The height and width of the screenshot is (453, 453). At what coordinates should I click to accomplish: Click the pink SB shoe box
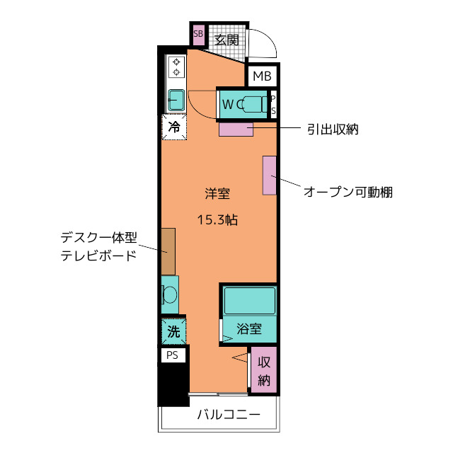[x=198, y=34]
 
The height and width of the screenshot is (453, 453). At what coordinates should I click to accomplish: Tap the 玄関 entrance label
[x=226, y=39]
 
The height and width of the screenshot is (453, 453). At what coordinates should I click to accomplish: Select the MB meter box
[x=262, y=76]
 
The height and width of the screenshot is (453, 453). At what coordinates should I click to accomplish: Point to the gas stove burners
[x=176, y=67]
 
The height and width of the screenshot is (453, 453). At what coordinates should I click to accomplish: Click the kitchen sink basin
[x=176, y=98]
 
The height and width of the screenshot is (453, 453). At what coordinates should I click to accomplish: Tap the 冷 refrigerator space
[x=174, y=127]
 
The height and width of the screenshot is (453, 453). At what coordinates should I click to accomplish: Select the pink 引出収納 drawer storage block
[x=236, y=129]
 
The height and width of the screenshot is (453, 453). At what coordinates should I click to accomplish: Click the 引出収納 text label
[x=333, y=129]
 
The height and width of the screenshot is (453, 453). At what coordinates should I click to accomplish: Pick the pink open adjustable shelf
[x=270, y=175]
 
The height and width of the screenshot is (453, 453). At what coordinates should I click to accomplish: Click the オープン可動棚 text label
[x=348, y=192]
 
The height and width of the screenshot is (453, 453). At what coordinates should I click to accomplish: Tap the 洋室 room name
[x=217, y=193]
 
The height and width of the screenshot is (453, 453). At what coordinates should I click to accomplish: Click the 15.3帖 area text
[x=217, y=219]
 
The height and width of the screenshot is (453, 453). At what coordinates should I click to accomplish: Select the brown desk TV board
[x=168, y=251]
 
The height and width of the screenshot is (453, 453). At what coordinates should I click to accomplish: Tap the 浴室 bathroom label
[x=249, y=329]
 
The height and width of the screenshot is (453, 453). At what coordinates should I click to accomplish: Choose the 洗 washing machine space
[x=173, y=330]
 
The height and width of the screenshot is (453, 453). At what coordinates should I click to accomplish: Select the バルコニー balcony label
[x=228, y=415]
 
